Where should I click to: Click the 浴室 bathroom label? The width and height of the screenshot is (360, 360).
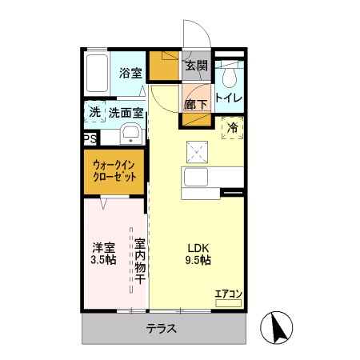point(130,73)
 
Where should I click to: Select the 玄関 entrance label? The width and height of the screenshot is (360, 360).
point(196,66)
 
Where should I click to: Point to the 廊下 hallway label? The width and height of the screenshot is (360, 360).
point(196,104)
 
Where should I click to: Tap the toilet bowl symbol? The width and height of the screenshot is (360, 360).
point(229,76)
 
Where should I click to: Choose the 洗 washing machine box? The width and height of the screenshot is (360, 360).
point(95,113)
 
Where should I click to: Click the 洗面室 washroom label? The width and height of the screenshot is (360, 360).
point(126,114)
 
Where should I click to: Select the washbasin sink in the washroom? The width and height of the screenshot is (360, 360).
point(132,132)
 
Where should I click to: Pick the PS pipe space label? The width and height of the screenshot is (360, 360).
point(90,138)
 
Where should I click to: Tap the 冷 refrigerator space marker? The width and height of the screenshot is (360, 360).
point(233,127)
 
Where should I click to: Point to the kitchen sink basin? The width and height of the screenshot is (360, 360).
point(197,177)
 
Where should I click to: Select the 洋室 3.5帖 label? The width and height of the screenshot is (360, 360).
point(103,254)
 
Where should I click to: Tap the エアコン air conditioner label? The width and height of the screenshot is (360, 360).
point(228,294)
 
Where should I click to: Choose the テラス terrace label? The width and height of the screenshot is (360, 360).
point(161,328)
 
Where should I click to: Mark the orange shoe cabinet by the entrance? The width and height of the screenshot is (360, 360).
point(166,66)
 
